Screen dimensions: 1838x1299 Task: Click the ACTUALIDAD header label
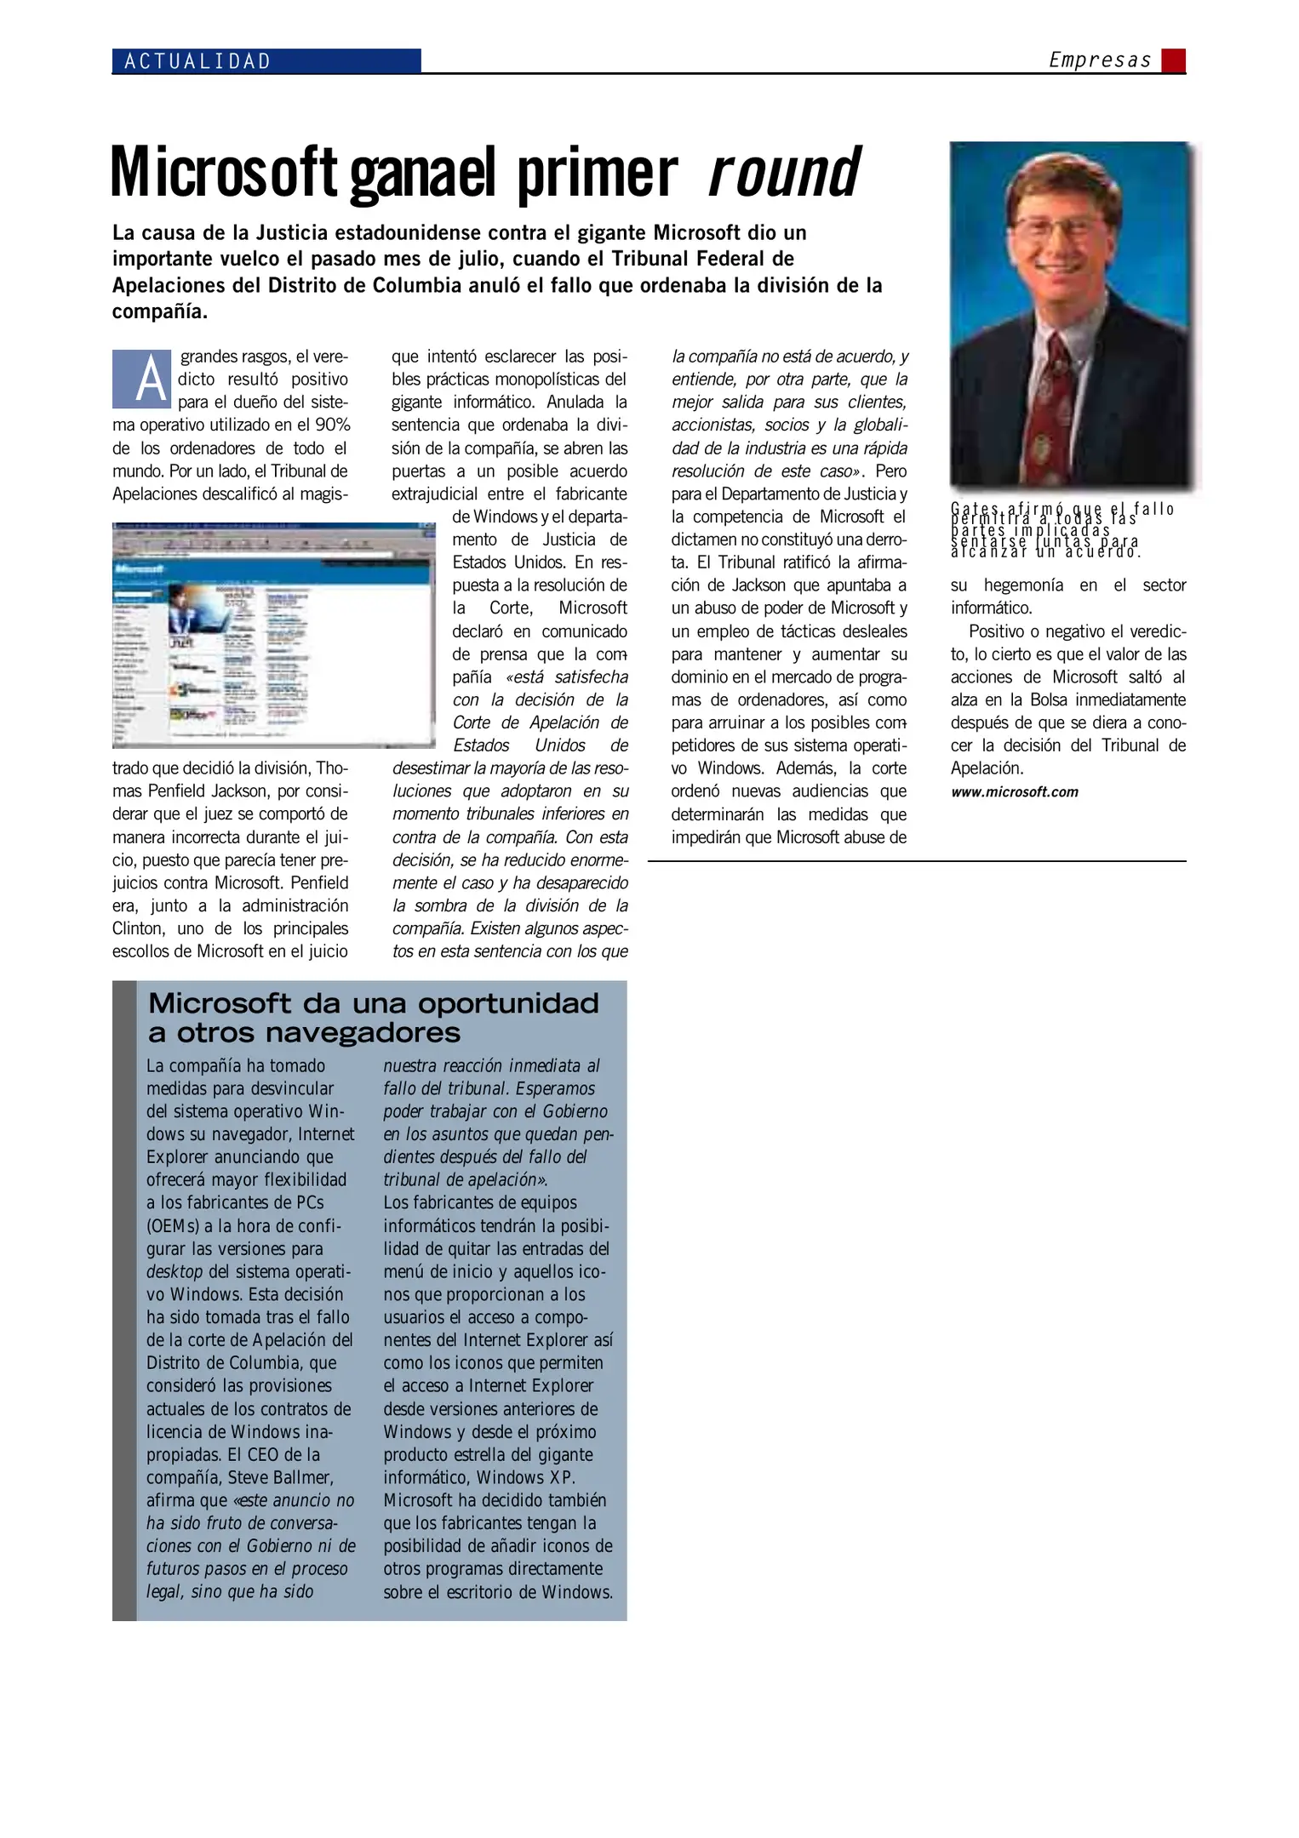pos(197,61)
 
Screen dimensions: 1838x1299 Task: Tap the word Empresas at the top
pos(1099,60)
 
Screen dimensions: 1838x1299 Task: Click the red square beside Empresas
pos(1174,60)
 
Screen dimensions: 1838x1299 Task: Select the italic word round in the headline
pos(783,172)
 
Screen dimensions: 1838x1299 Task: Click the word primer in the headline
pos(597,174)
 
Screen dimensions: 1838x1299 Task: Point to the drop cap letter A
pos(142,380)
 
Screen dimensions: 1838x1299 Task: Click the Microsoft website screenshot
pos(273,635)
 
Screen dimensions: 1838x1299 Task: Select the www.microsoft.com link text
pos(1014,792)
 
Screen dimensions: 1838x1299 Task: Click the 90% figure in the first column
pos(333,425)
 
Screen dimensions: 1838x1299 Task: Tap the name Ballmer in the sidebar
pos(295,1478)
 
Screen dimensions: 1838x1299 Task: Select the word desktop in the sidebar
pos(175,1272)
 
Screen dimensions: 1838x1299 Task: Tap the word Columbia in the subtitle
pos(416,286)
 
